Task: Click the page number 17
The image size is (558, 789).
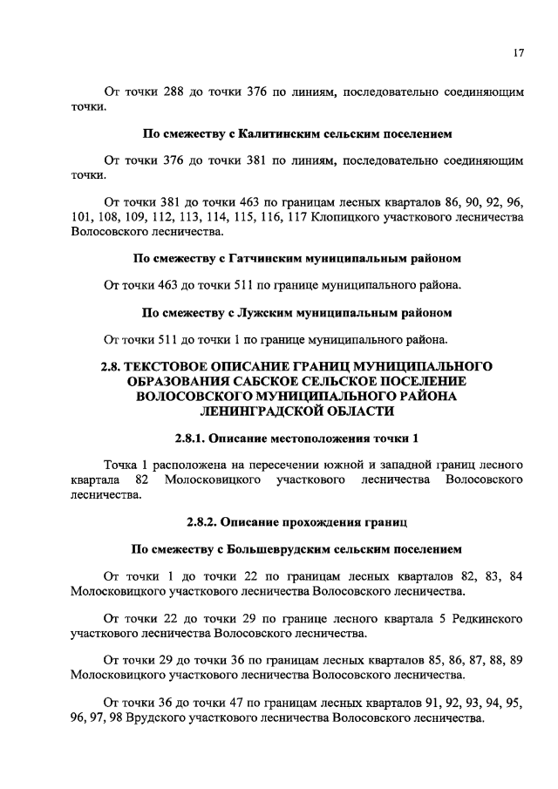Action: [x=517, y=54]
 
